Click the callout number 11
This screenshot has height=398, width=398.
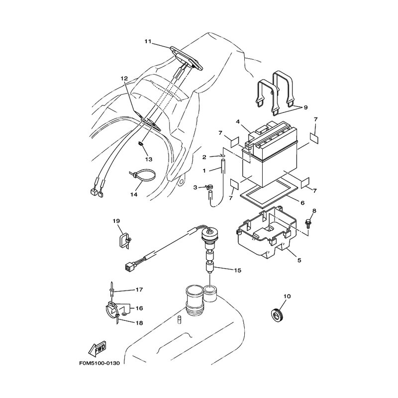coord(148,41)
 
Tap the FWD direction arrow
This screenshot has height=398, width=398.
coord(97,349)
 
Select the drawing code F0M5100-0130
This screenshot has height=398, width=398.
coord(99,363)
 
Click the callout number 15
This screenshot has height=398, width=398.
coord(238,270)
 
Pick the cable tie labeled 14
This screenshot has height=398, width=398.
coord(142,175)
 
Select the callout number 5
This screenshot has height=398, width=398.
coord(299,260)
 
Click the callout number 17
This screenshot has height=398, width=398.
coord(139,290)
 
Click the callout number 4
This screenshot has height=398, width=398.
coord(238,121)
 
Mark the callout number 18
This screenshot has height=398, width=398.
coord(139,323)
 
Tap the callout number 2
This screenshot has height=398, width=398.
coord(204,157)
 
